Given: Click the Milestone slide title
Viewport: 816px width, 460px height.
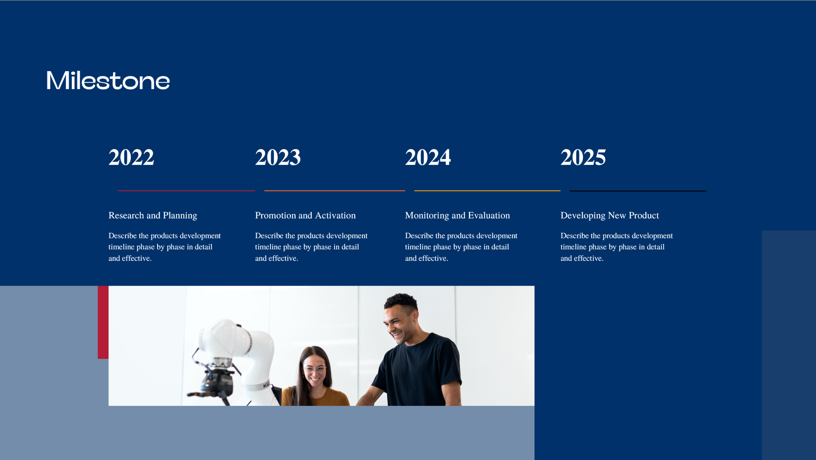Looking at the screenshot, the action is (108, 80).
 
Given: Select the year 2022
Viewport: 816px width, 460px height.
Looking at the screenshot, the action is (131, 157).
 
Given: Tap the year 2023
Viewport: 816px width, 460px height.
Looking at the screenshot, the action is (278, 157).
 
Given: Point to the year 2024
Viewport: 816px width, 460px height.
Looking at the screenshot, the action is (428, 157).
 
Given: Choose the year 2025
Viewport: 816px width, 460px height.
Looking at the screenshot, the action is (583, 157).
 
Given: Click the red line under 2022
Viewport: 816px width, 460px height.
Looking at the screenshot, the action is (186, 191).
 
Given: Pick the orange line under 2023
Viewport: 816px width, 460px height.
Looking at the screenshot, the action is (335, 191).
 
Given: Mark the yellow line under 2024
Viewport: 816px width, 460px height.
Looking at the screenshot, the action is (487, 191).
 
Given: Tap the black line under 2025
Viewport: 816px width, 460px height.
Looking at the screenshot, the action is (638, 191).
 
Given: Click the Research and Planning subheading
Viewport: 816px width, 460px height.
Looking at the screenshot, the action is (153, 215).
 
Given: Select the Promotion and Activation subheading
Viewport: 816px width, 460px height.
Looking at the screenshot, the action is (305, 215).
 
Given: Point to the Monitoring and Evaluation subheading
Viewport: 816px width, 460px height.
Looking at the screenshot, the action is (457, 215).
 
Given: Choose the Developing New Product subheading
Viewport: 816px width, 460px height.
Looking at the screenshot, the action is (610, 215).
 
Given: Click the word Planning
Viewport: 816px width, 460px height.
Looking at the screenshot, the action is (180, 216).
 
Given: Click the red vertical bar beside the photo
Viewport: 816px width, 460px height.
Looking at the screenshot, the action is (103, 322).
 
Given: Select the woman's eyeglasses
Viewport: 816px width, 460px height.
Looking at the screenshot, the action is (315, 369).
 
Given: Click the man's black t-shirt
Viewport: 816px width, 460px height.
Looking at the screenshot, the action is (418, 370).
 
